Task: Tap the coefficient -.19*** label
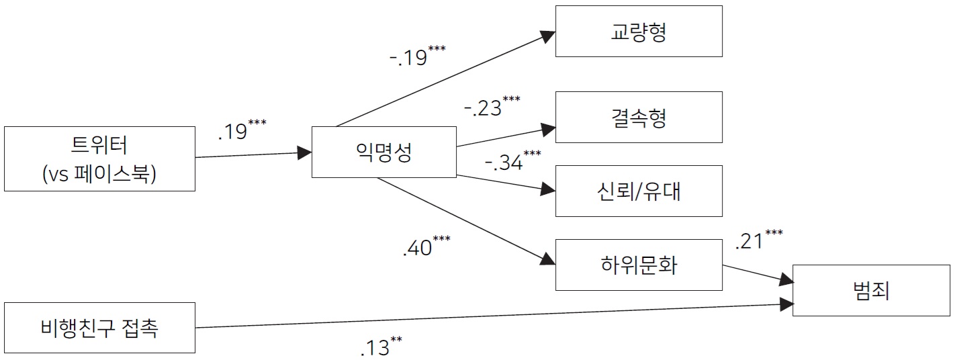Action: tap(418, 56)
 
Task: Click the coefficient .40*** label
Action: tap(426, 246)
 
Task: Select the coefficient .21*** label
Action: tap(759, 240)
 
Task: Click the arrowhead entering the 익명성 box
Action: tap(304, 152)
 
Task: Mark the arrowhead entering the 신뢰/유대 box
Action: tap(548, 189)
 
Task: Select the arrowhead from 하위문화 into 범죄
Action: tap(786, 280)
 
